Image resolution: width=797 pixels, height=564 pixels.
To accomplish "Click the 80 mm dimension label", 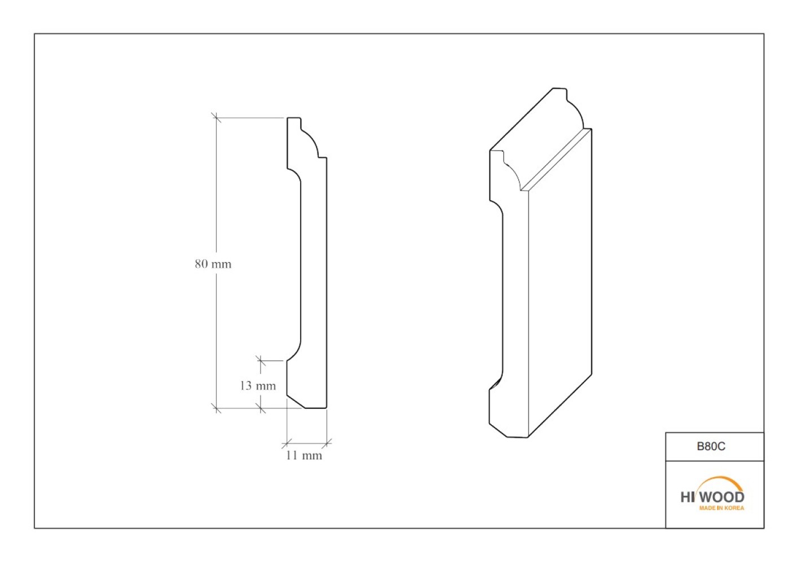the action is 213,264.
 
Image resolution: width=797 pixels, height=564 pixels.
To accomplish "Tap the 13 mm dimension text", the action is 258,386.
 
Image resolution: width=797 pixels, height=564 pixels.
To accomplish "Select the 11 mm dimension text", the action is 304,456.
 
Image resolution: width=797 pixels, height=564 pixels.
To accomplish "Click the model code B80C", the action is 711,446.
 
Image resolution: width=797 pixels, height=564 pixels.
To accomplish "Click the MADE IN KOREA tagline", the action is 721,508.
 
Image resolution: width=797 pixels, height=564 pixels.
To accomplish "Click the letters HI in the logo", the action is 688,497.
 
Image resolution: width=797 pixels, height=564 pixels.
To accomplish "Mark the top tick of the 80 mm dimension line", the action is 217,117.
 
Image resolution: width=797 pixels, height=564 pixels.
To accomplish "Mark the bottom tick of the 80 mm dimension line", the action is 217,408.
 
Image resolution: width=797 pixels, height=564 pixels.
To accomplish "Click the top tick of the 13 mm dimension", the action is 261,360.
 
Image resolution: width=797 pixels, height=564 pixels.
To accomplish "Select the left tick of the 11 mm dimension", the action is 287,444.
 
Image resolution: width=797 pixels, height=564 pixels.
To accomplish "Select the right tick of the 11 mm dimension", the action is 327,444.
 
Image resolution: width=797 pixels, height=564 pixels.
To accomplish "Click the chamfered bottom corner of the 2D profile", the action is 296,402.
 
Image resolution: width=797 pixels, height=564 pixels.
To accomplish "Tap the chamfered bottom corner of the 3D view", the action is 497,430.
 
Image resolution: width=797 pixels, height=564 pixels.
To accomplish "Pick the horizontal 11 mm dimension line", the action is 307,444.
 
